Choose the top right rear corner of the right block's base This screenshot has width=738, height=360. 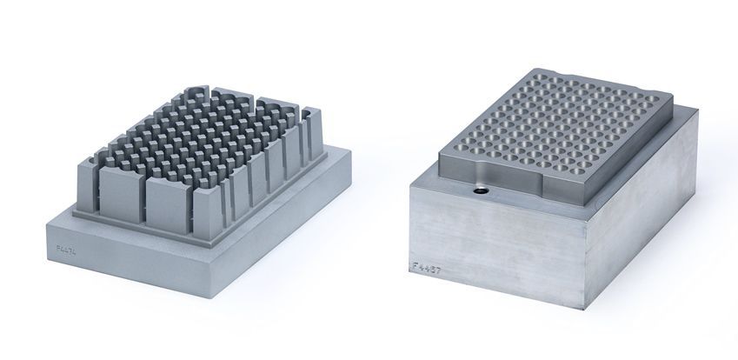697,107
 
